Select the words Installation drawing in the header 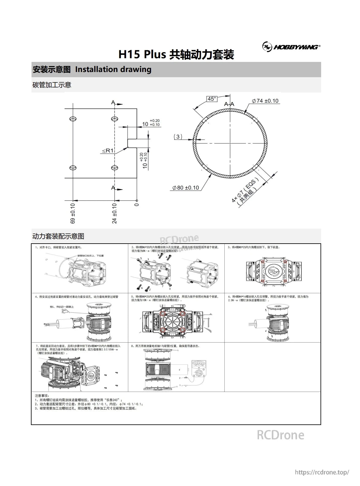click(113, 69)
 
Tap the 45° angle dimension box click(212, 99)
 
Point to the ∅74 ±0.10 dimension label click(265, 101)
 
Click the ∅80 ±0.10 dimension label click(186, 188)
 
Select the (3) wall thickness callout click(178, 136)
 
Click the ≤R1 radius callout click(108, 151)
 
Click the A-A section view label click(229, 104)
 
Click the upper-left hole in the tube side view click(73, 119)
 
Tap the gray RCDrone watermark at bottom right click(280, 435)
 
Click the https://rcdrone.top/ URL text click(321, 472)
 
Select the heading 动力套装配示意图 click(58, 236)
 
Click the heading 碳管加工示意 click(52, 85)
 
